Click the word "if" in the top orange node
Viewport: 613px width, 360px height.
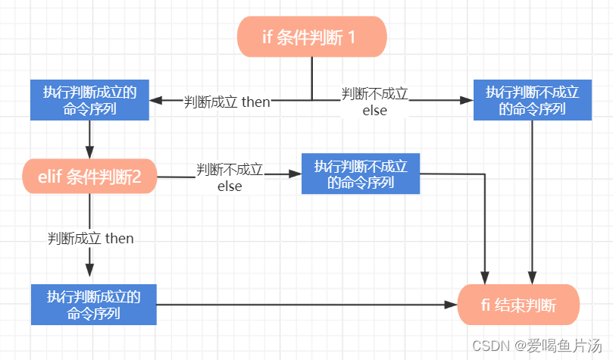pyautogui.click(x=267, y=37)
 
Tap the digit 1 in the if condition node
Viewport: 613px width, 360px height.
pyautogui.click(x=351, y=38)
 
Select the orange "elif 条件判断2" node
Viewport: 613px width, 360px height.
pyautogui.click(x=89, y=177)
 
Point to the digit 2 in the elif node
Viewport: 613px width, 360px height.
pyautogui.click(x=136, y=177)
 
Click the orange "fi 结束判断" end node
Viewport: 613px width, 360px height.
pyautogui.click(x=518, y=305)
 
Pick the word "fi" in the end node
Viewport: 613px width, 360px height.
pyautogui.click(x=486, y=305)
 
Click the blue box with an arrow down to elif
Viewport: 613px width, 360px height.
pyautogui.click(x=89, y=100)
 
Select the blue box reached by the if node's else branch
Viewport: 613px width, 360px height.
pyautogui.click(x=533, y=100)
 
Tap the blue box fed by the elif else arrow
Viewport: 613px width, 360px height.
pyautogui.click(x=361, y=174)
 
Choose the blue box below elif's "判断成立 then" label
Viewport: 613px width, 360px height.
pyautogui.click(x=94, y=305)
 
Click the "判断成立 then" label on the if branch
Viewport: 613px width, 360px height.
pyautogui.click(x=227, y=102)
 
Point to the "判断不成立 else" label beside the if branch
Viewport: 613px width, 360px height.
pyautogui.click(x=374, y=102)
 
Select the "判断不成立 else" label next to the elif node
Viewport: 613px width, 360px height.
pyautogui.click(x=230, y=178)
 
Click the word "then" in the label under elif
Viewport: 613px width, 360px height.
pyautogui.click(x=119, y=238)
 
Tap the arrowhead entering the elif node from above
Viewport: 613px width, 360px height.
pyautogui.click(x=89, y=153)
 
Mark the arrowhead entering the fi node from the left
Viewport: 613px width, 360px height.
pyautogui.click(x=451, y=305)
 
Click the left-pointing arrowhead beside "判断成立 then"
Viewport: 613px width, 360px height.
pyautogui.click(x=155, y=101)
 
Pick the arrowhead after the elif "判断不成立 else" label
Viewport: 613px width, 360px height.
pyautogui.click(x=296, y=174)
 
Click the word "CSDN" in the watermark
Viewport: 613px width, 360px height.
pyautogui.click(x=491, y=346)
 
